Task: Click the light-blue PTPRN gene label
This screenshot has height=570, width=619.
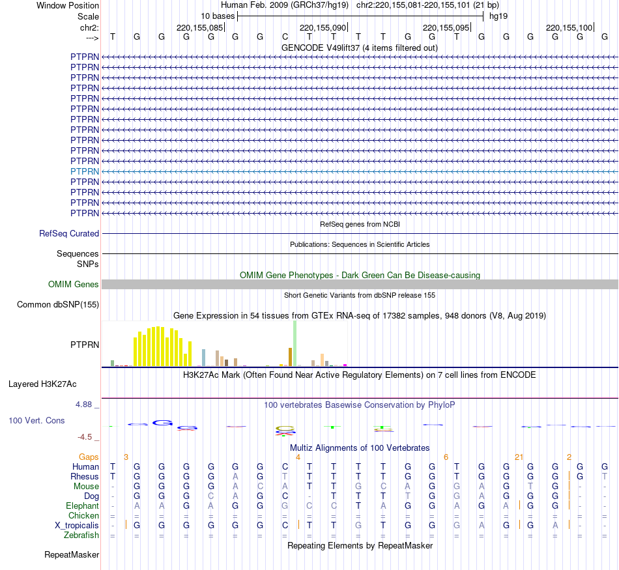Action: click(85, 171)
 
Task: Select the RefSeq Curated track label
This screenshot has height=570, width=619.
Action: click(69, 233)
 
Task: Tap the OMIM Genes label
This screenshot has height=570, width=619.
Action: click(74, 285)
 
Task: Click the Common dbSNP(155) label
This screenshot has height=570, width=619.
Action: click(58, 305)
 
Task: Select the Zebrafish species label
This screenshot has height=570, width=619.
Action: click(81, 535)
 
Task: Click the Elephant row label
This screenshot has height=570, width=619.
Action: click(82, 506)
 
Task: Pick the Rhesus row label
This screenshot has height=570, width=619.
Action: click(85, 476)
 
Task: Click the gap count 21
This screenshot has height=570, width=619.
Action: click(519, 457)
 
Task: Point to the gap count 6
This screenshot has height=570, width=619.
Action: click(446, 457)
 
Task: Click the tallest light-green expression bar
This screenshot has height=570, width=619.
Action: click(295, 343)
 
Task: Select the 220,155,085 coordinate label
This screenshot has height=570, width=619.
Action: click(199, 27)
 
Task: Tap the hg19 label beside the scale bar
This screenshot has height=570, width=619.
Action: click(498, 16)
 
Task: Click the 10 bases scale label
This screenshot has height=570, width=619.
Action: click(218, 16)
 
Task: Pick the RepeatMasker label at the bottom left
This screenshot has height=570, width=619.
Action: click(72, 555)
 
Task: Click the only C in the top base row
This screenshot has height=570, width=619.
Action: click(285, 37)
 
